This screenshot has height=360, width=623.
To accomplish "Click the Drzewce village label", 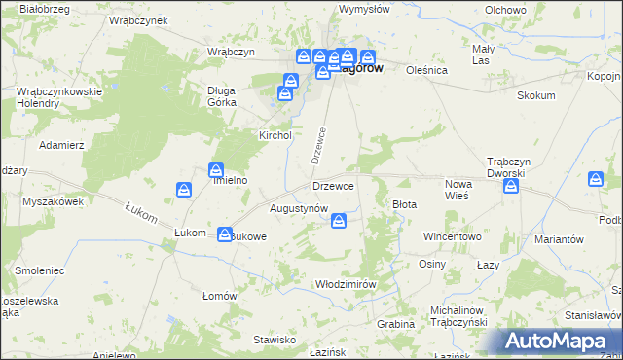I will [x=333, y=185].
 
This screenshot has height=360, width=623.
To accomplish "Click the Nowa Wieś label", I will [x=458, y=190].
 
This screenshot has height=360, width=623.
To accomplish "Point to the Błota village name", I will [x=404, y=204].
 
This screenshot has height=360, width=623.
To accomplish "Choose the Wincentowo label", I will [x=453, y=236].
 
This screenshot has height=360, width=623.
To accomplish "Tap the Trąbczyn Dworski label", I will [x=506, y=167].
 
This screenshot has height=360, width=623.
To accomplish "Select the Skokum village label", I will [x=536, y=95].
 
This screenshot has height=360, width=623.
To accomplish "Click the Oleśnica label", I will [x=426, y=70].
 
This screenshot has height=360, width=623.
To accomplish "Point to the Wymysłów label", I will [x=364, y=9].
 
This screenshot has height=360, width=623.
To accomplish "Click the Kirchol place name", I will [x=275, y=135].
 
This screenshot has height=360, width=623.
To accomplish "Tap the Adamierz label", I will [x=61, y=144].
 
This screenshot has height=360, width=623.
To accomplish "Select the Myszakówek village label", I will [x=53, y=201].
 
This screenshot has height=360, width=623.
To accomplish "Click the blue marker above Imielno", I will [x=216, y=170].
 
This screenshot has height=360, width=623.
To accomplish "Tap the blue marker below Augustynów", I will [x=338, y=223].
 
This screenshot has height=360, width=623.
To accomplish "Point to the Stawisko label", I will [x=275, y=340].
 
